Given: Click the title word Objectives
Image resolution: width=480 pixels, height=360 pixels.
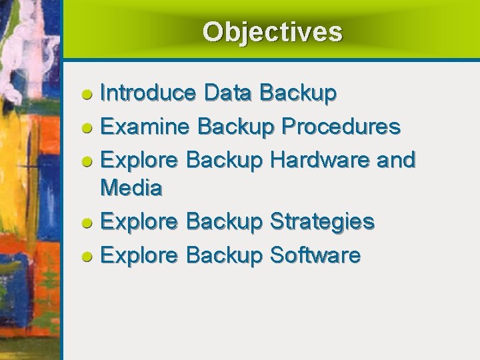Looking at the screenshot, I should click(x=272, y=32).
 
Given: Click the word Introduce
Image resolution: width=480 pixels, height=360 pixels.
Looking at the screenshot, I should click(x=147, y=93).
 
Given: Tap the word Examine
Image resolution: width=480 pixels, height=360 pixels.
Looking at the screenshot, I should click(x=145, y=126).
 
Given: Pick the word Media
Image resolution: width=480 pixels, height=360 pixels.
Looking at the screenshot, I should click(x=131, y=188).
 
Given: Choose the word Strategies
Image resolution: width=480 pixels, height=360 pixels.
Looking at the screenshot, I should click(x=322, y=221).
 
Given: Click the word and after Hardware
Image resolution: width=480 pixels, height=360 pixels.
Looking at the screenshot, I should click(x=395, y=159).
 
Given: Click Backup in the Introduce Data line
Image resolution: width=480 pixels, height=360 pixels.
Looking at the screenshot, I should click(x=298, y=93).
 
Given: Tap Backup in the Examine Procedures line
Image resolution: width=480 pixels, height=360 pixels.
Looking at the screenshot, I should click(x=236, y=126).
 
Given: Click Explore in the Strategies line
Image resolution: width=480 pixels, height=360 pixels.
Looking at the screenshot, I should click(x=139, y=221).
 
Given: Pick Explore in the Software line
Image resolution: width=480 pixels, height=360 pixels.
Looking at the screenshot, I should click(x=139, y=255).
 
